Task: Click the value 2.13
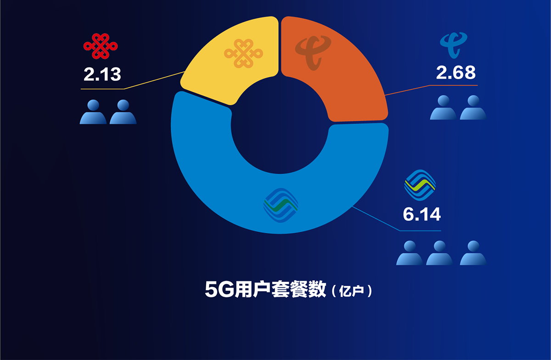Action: [102, 74]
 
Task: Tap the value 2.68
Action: [456, 73]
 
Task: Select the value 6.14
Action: [422, 214]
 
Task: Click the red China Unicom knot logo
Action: [101, 46]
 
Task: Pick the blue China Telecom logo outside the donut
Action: [454, 45]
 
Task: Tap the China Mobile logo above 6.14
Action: [420, 185]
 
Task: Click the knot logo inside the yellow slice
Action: [243, 53]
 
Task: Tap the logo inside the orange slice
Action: [313, 53]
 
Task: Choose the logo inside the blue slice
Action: [281, 205]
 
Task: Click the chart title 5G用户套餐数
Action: [265, 289]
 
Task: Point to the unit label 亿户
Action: [352, 291]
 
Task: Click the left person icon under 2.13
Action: [93, 112]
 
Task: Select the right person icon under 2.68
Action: [473, 107]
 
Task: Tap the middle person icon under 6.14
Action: [439, 253]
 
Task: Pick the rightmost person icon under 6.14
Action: [473, 253]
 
